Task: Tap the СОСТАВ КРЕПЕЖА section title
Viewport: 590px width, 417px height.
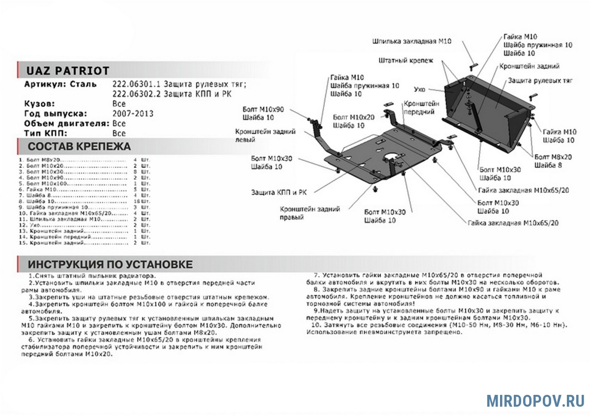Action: point(79,147)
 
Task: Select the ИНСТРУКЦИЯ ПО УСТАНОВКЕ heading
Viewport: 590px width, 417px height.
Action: point(110,264)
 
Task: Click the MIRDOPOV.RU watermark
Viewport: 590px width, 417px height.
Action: point(535,400)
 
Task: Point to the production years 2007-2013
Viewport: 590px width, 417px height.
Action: point(132,114)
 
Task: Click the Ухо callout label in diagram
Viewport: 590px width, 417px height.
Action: point(419,89)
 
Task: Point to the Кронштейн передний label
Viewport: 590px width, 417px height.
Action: point(421,108)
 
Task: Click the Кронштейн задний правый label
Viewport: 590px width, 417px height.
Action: point(310,213)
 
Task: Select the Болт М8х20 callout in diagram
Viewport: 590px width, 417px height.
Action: point(553,157)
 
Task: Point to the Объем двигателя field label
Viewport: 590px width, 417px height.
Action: point(67,123)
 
